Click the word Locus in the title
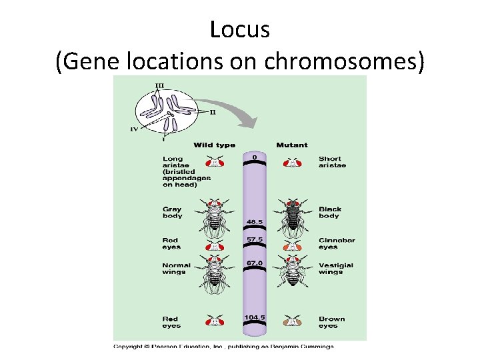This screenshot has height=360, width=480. coord(239,29)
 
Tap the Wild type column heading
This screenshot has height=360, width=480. coord(214,145)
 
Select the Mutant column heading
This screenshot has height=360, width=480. coord(291,145)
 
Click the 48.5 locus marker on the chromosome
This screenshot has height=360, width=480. coord(255,221)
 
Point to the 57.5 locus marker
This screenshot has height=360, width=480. coord(255,238)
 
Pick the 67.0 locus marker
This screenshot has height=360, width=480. coord(255,263)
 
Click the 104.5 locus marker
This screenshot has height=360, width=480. coord(255,317)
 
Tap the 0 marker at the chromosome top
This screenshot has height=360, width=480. coord(255,157)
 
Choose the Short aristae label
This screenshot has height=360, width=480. coord(332,162)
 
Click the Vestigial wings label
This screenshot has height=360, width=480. coord(335,268)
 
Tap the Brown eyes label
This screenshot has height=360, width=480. coord(331,322)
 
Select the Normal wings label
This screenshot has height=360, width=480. coord(176,268)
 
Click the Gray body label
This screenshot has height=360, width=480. coord(172,213)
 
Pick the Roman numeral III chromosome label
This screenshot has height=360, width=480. coord(159,85)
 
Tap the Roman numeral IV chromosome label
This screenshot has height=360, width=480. coord(133,130)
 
